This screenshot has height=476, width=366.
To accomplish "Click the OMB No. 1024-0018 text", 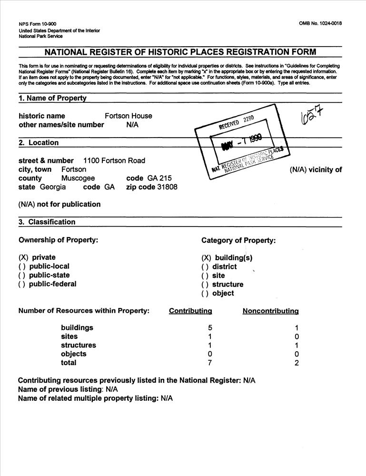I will point(320,23).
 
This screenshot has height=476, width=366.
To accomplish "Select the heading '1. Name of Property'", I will point(52,99).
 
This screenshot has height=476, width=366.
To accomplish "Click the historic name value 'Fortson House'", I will point(128,116).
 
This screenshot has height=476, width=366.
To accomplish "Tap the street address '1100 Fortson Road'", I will point(114,160).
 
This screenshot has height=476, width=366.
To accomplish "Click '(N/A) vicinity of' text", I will point(316,169).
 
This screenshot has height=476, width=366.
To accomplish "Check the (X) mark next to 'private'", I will point(24,258).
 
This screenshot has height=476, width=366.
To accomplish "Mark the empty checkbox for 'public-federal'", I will point(22,284).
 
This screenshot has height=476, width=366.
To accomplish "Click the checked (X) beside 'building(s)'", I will point(206,258).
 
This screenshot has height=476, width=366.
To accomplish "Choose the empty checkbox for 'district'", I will point(205,267).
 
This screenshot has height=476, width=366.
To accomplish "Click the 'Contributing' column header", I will point(190,311).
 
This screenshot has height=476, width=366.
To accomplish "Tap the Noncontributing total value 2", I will point(297,363).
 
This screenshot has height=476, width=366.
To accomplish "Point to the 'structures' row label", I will point(78,345).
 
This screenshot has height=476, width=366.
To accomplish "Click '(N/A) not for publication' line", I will point(59,204).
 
